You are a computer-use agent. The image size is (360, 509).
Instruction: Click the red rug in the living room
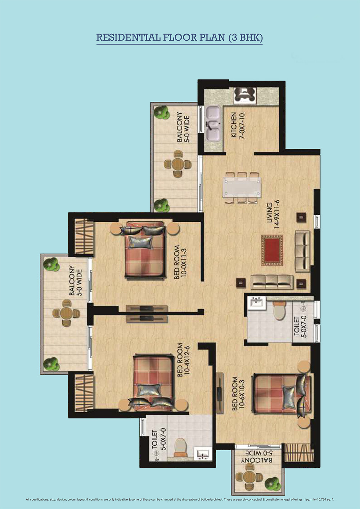[272, 250]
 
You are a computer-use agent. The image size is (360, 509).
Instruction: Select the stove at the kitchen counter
[245, 95]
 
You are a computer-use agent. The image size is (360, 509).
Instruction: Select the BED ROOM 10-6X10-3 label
[238, 393]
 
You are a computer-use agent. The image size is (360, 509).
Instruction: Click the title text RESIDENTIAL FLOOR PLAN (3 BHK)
[179, 37]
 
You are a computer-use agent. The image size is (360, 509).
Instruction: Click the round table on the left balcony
[66, 313]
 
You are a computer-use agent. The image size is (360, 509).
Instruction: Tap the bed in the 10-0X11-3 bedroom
[145, 250]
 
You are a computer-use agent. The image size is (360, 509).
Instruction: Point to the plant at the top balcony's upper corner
[161, 112]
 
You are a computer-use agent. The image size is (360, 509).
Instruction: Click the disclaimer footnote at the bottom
[180, 500]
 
